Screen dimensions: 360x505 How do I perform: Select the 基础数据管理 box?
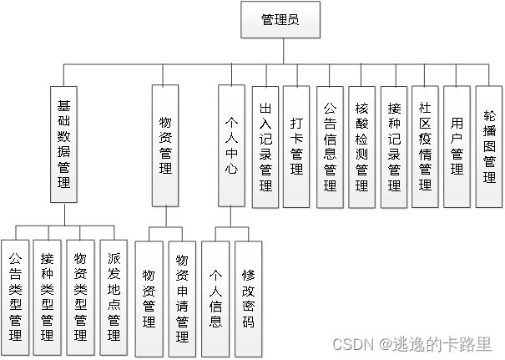tap(63, 143)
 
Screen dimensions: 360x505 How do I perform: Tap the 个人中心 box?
tap(231, 144)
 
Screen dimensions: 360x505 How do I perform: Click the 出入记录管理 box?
tap(265, 147)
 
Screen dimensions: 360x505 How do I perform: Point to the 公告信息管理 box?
tap(329, 147)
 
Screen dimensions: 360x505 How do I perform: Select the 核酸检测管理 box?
tap(361, 147)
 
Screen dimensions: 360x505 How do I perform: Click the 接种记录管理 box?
tap(393, 147)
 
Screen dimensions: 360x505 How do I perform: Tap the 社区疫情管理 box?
tap(425, 147)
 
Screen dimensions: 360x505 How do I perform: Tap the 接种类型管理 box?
tap(47, 292)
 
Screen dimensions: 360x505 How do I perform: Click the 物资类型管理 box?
tap(79, 292)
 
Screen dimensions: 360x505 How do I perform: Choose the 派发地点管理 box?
tap(113, 292)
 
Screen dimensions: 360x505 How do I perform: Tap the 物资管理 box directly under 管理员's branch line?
tap(165, 145)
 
